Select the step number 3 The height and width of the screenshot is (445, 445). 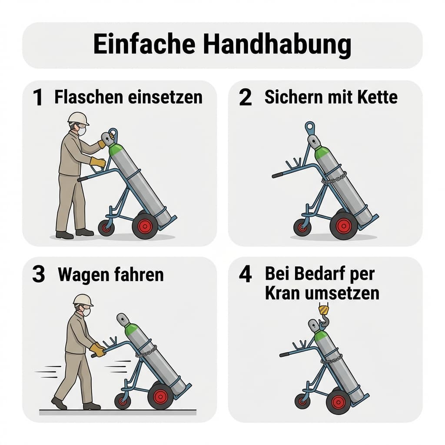(x=38, y=276)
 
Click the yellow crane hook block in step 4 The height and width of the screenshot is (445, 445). (x=323, y=309)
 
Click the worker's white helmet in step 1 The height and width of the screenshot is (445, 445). (x=78, y=117)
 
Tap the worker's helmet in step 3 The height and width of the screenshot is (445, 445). (x=83, y=299)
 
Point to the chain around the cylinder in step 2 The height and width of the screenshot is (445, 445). (x=334, y=179)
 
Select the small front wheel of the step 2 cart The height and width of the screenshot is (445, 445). (x=302, y=227)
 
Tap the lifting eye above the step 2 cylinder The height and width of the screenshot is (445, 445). (x=309, y=127)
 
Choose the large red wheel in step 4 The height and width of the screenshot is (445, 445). (x=338, y=402)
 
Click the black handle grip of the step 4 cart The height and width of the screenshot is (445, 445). (x=285, y=354)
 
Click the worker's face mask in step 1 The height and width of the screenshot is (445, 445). (x=82, y=131)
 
